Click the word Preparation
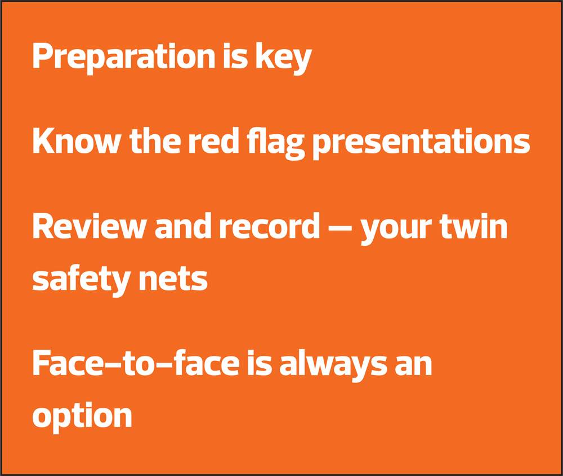click(x=123, y=58)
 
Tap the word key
click(x=283, y=58)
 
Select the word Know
click(x=77, y=140)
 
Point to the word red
click(x=213, y=140)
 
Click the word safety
click(x=81, y=281)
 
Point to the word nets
click(x=173, y=281)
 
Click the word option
click(x=82, y=417)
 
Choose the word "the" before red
click(x=155, y=140)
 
